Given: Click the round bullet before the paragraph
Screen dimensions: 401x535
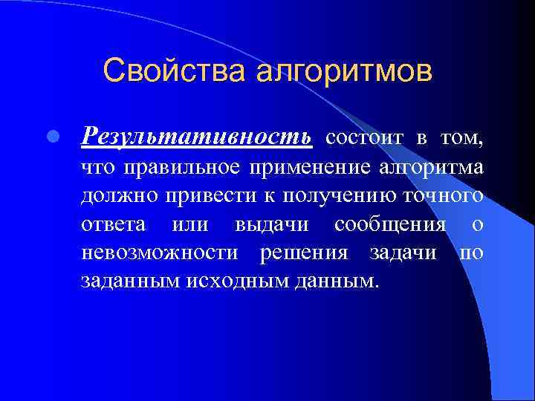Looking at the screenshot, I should pyautogui.click(x=52, y=137).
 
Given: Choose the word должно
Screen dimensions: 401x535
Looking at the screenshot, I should pyautogui.click(x=120, y=196).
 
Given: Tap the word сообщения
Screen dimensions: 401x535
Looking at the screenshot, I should pyautogui.click(x=390, y=224).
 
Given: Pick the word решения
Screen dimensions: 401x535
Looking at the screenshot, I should pyautogui.click(x=304, y=252).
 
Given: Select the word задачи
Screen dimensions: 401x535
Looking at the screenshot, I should pyautogui.click(x=403, y=252).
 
